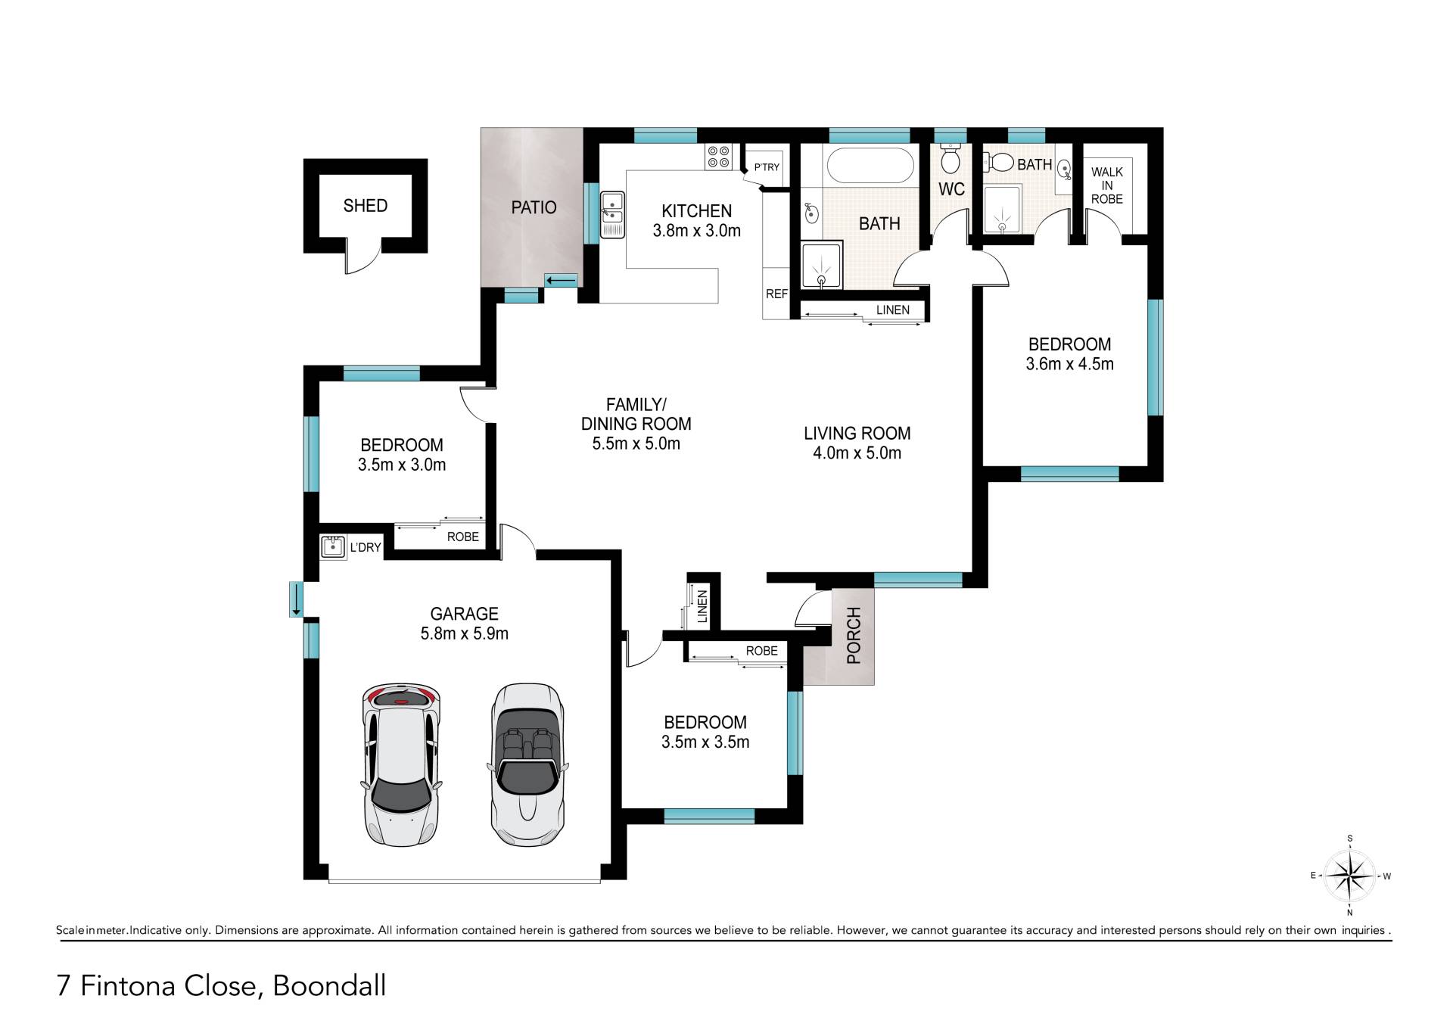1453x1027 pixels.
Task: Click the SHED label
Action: point(365,205)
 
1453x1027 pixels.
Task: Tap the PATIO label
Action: point(534,207)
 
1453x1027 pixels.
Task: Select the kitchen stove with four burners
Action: point(718,157)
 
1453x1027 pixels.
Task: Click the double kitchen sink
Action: point(612,215)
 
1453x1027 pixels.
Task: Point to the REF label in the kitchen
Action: point(776,294)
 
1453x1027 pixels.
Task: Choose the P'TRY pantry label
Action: point(767,167)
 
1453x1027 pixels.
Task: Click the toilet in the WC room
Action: point(951,157)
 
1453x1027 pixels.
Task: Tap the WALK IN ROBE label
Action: point(1107,185)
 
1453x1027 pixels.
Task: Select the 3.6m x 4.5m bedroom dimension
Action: point(1069,364)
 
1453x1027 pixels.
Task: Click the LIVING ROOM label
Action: point(857,434)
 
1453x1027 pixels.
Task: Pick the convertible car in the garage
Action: point(527,765)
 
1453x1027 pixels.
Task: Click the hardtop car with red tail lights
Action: point(400,765)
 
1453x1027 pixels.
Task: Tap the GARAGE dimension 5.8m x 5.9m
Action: point(464,633)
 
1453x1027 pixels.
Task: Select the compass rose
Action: point(1351,876)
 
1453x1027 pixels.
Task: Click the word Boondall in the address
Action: point(329,985)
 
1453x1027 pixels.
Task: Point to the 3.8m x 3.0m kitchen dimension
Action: point(696,231)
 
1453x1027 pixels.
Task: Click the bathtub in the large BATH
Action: point(870,165)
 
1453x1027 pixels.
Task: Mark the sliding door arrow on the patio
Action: point(561,282)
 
